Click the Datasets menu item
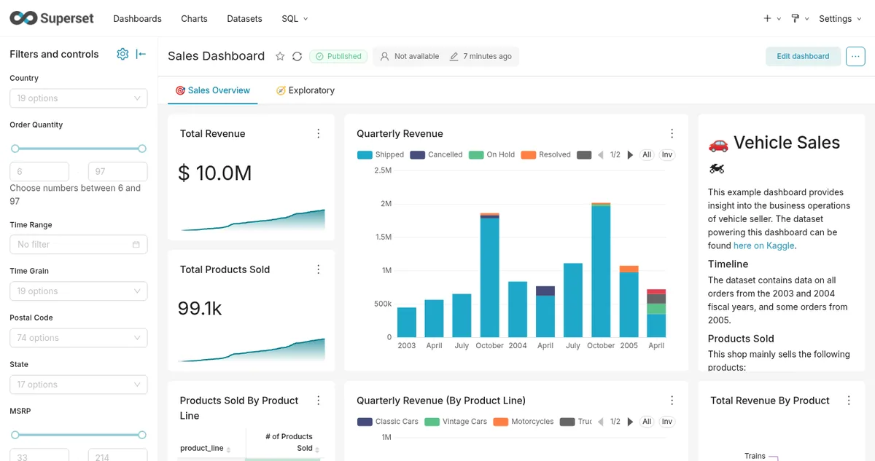pyautogui.click(x=244, y=19)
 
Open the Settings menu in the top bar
pyautogui.click(x=840, y=19)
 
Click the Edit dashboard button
pyautogui.click(x=803, y=56)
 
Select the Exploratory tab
pyautogui.click(x=306, y=90)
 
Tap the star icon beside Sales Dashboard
pyautogui.click(x=280, y=56)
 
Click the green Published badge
pyautogui.click(x=338, y=56)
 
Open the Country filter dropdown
pyautogui.click(x=79, y=98)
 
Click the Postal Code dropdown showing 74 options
pyautogui.click(x=79, y=338)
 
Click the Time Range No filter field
pyautogui.click(x=79, y=245)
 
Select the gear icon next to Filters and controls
pyautogui.click(x=122, y=54)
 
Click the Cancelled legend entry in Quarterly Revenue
pyautogui.click(x=436, y=154)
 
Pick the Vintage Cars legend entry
pyautogui.click(x=456, y=421)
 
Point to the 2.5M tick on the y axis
pyautogui.click(x=382, y=170)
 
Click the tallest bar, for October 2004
pyautogui.click(x=601, y=270)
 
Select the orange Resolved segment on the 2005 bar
pyautogui.click(x=629, y=269)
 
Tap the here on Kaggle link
pyautogui.click(x=763, y=245)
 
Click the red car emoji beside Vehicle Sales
pyautogui.click(x=718, y=145)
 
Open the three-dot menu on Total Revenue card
pyautogui.click(x=319, y=134)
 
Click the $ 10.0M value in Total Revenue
pyautogui.click(x=215, y=173)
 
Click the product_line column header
pyautogui.click(x=201, y=448)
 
